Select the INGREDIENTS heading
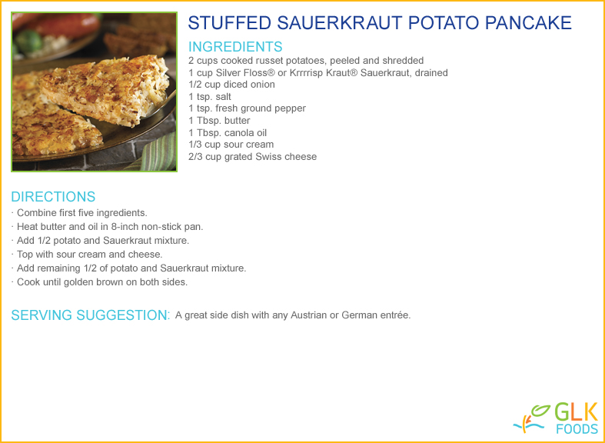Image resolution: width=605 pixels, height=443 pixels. (235, 47)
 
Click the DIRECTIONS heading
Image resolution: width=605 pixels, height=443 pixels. (53, 196)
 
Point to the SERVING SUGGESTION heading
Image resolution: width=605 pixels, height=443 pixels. (91, 315)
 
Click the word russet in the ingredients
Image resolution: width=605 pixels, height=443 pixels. (276, 61)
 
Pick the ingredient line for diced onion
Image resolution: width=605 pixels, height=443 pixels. (231, 85)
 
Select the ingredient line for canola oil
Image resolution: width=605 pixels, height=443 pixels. (228, 133)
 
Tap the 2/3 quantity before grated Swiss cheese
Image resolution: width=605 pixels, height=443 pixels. (195, 157)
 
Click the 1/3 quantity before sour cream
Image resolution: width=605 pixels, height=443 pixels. (195, 145)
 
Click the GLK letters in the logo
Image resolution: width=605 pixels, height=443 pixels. (577, 412)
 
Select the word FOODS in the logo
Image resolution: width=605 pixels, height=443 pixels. (577, 429)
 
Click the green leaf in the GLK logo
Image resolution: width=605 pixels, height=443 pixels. (540, 410)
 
